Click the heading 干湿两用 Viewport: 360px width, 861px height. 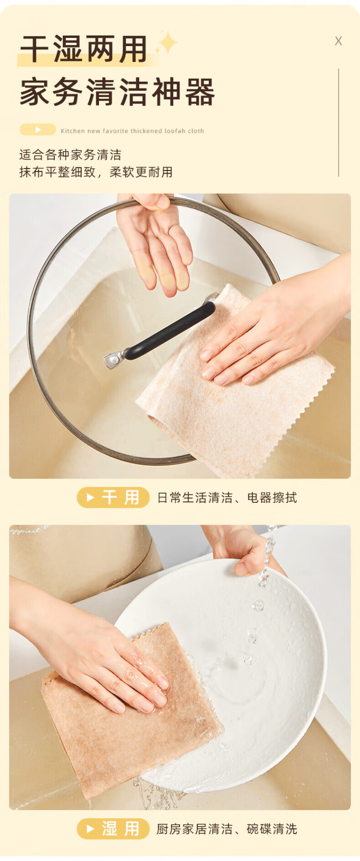click(84, 49)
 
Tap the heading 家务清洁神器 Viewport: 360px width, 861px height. click(117, 92)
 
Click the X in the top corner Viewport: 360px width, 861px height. click(338, 41)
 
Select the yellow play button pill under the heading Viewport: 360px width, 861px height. click(38, 130)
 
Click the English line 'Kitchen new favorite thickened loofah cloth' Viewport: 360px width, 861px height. click(132, 131)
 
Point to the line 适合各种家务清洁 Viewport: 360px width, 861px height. click(70, 155)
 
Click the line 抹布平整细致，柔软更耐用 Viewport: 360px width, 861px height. click(96, 172)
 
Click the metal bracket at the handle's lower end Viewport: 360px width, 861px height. click(114, 360)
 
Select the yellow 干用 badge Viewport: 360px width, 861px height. click(113, 497)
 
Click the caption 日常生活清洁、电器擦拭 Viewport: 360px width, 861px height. click(227, 497)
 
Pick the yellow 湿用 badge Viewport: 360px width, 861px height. click(113, 828)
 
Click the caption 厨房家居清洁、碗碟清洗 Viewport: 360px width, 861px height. click(226, 829)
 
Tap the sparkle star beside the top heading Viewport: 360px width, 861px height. click(167, 43)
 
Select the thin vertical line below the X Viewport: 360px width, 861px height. click(339, 123)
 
